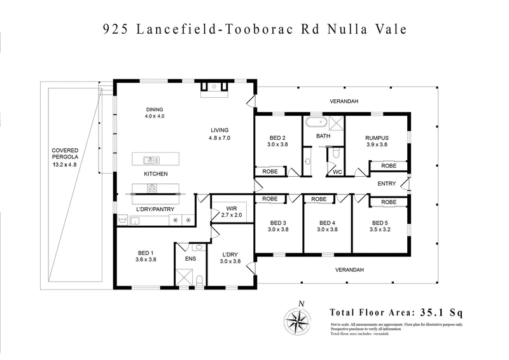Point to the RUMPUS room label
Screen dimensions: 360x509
376,137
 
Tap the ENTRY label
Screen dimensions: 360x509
386,184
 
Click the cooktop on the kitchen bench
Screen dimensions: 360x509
153,188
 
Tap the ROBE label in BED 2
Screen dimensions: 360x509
266,171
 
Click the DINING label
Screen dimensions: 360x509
154,109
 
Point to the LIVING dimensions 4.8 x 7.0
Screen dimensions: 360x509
219,138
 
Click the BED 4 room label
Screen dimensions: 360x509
327,223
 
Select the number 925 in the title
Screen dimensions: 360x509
118,30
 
